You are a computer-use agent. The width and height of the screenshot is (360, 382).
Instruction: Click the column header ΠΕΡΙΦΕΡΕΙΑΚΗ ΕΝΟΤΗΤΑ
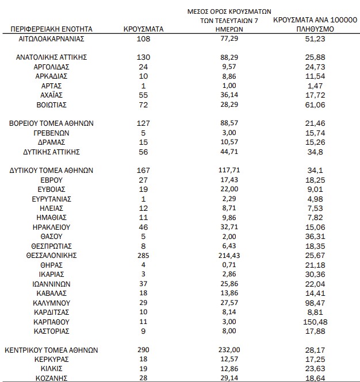point(52,28)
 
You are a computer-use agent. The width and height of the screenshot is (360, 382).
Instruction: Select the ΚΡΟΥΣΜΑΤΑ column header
point(144,28)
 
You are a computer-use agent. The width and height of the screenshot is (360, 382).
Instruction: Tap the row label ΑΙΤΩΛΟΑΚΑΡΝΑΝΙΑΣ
point(52,38)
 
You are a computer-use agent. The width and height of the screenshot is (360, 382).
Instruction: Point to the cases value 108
point(144,38)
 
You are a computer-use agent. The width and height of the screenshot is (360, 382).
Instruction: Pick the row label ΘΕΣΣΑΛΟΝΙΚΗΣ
point(52,254)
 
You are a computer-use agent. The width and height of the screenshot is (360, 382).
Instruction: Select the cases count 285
point(144,254)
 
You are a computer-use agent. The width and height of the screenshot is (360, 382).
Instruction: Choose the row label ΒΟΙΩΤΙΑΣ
point(52,105)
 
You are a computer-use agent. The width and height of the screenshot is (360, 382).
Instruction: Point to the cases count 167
point(144,170)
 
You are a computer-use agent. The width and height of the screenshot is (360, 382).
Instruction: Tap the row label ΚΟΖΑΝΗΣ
point(52,377)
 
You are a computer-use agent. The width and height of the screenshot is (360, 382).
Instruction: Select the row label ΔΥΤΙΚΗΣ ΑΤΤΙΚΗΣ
point(52,152)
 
